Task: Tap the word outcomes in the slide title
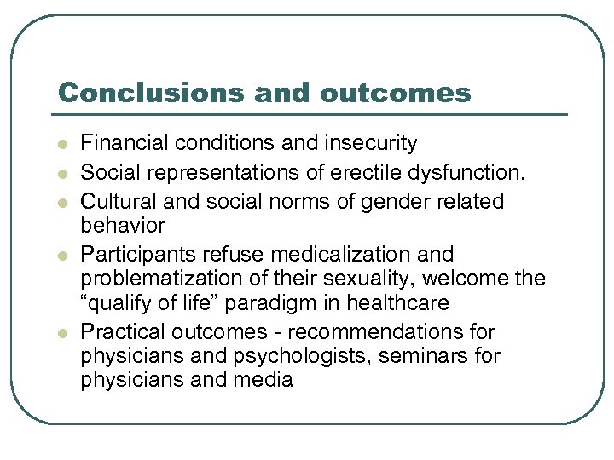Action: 396,92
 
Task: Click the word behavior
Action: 123,226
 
